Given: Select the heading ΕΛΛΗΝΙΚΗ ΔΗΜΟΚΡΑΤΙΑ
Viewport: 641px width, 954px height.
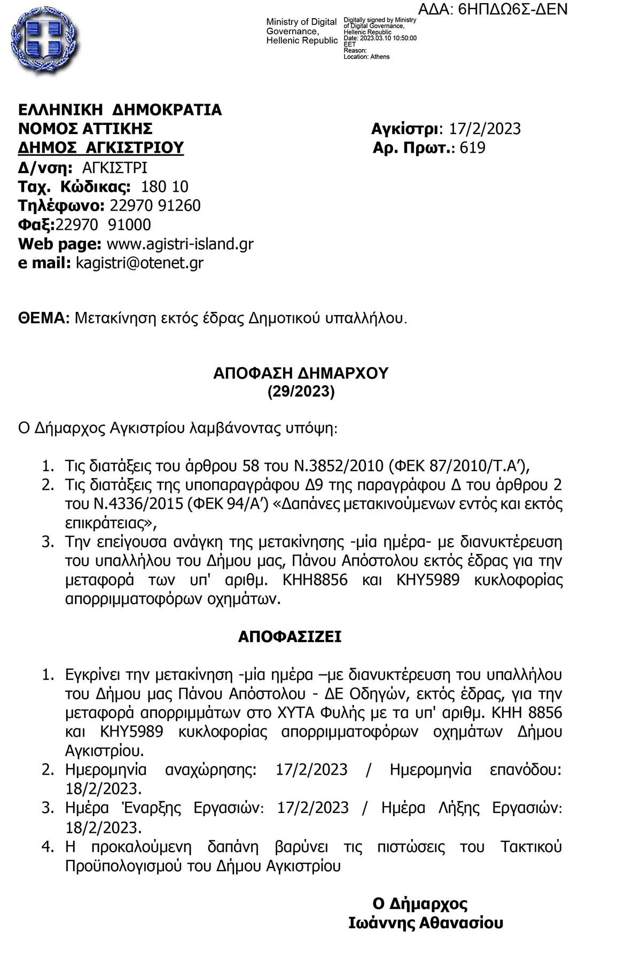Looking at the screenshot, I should tap(120, 110).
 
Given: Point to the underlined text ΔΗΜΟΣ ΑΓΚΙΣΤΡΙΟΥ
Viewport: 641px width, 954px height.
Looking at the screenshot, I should tap(101, 147).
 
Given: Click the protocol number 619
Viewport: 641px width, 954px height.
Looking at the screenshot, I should tap(472, 147).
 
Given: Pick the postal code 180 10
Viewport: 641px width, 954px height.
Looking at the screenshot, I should tap(164, 186).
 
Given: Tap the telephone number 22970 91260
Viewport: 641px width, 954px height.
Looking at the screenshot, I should tap(155, 206).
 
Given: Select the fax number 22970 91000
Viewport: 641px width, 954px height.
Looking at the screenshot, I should tap(104, 224).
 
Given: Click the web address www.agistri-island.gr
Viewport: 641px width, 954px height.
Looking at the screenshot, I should tap(180, 244).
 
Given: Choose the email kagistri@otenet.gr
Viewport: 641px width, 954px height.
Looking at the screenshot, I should tap(139, 263).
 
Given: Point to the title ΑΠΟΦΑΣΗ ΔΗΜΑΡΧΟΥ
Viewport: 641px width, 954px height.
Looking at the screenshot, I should tap(301, 373).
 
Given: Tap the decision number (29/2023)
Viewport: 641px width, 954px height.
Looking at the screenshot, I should tap(301, 392).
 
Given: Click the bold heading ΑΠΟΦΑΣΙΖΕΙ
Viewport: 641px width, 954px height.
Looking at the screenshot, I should tap(290, 637).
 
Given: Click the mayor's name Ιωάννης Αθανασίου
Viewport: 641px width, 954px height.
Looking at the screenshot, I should tap(425, 923).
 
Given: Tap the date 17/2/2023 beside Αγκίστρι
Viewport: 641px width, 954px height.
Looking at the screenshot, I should tap(484, 129).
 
